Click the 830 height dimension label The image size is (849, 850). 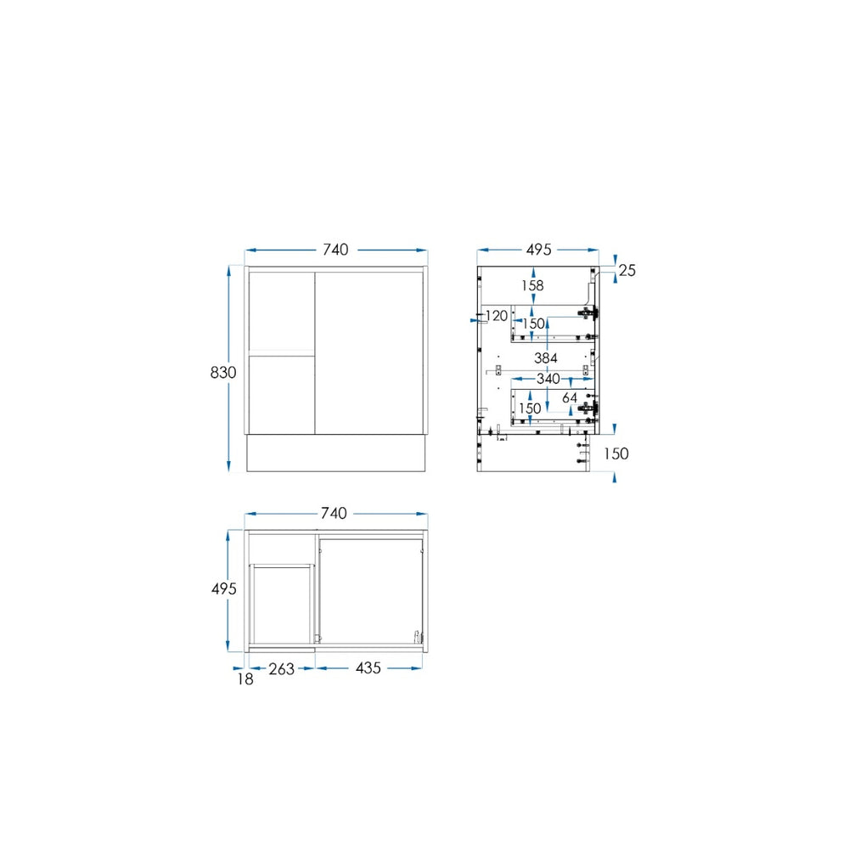click(x=223, y=373)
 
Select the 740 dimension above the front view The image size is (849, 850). click(x=335, y=250)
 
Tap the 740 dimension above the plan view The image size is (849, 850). click(x=334, y=513)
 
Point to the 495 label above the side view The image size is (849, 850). click(x=539, y=250)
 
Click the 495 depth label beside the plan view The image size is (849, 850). click(x=224, y=588)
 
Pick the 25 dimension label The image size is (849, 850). click(x=627, y=270)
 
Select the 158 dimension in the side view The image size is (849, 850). click(x=532, y=285)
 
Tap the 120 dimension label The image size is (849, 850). click(x=497, y=316)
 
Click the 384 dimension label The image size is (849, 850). click(x=546, y=357)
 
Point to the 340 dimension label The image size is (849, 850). click(x=548, y=379)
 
